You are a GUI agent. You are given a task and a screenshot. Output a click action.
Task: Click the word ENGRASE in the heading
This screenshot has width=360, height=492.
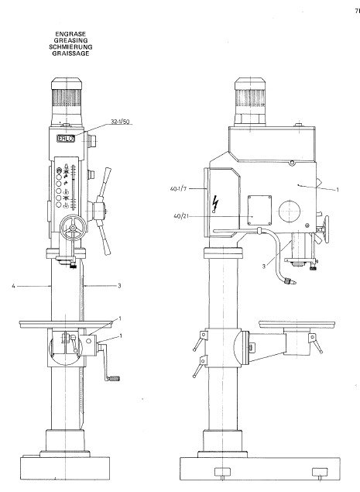(x=72, y=33)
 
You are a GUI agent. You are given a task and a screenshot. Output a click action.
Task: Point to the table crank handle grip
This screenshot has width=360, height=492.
(x=116, y=379)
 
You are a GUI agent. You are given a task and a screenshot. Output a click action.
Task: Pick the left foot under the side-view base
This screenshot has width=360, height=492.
(x=221, y=472)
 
